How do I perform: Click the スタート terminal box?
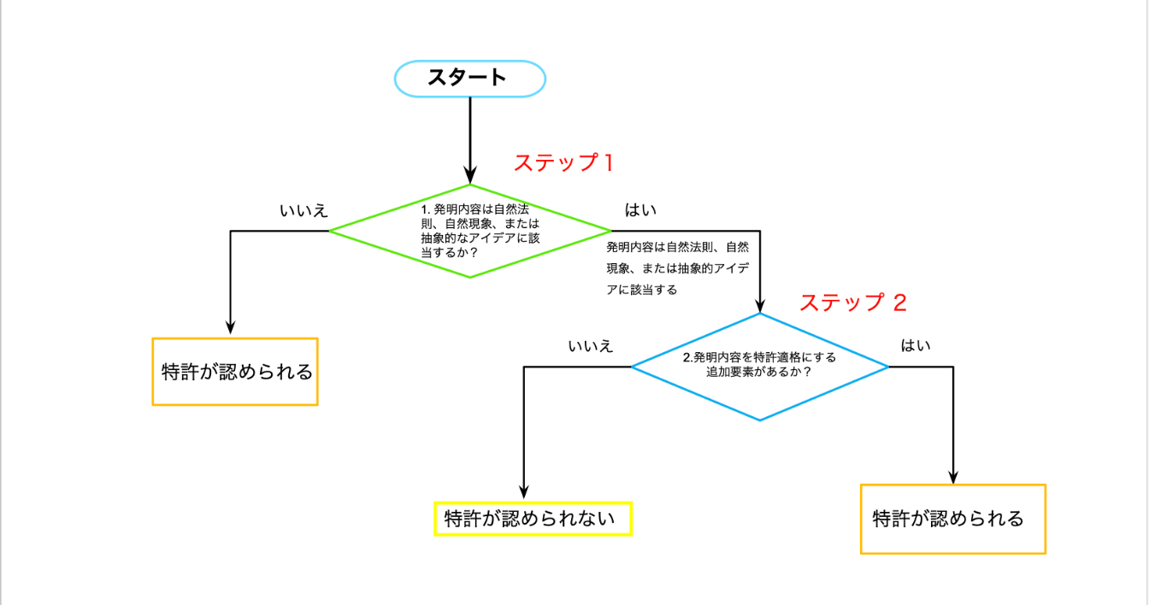click(469, 78)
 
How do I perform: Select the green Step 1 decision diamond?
click(470, 231)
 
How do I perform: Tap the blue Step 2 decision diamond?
click(759, 367)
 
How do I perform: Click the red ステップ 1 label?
click(563, 162)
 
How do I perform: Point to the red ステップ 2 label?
click(852, 302)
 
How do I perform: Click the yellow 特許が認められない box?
click(533, 519)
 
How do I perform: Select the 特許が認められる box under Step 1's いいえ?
click(235, 372)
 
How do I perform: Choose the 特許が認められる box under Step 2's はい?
click(952, 519)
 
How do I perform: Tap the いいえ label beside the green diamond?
click(303, 210)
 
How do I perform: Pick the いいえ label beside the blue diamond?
click(590, 346)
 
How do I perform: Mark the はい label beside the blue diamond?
click(916, 346)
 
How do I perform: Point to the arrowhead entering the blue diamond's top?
click(759, 307)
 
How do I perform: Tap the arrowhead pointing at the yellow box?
click(523, 492)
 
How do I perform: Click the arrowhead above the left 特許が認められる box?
click(231, 327)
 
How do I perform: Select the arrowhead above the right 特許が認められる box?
click(953, 477)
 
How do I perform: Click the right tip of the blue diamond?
click(887, 367)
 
